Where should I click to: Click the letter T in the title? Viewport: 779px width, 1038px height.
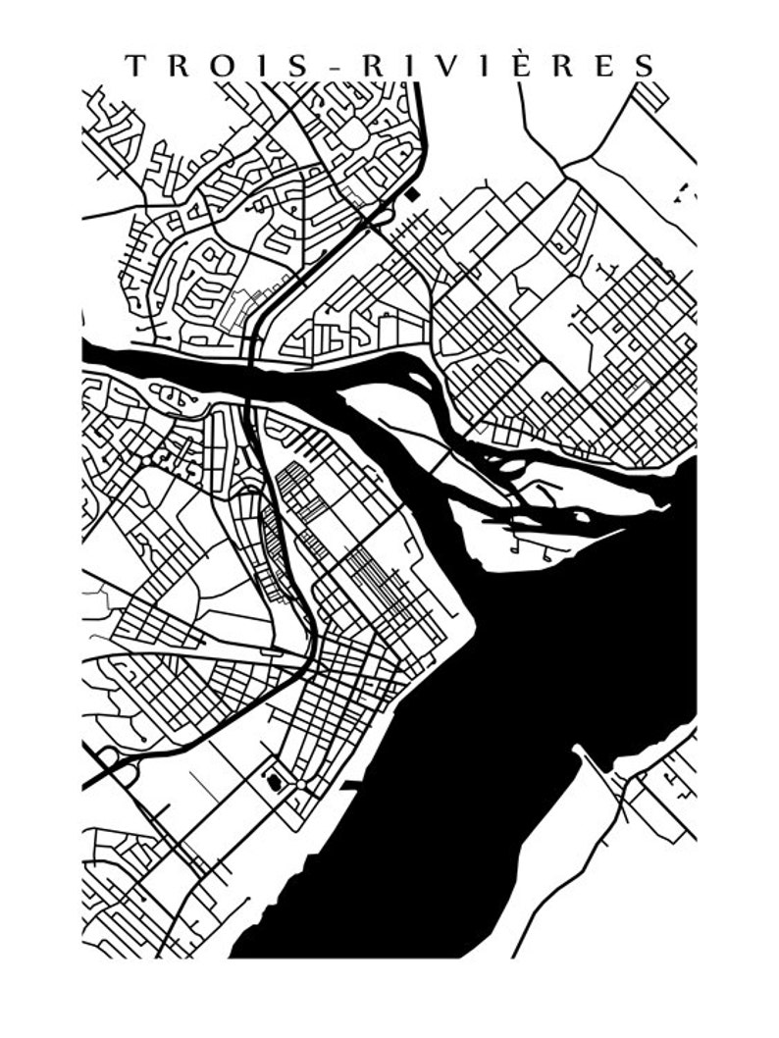click(x=134, y=66)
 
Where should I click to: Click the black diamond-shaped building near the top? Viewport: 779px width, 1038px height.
click(x=412, y=193)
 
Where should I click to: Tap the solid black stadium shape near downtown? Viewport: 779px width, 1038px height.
click(x=275, y=781)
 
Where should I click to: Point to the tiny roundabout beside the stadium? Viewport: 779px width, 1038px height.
click(x=291, y=800)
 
